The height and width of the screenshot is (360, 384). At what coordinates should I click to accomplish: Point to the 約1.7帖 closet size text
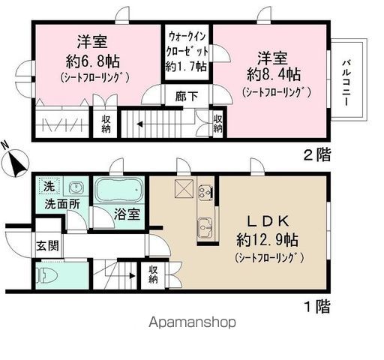tap(188, 66)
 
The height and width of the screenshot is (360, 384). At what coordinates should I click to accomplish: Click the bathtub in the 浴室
tap(118, 190)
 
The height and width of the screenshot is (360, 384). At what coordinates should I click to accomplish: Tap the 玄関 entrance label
tap(46, 243)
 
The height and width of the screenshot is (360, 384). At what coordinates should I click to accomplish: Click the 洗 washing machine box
tap(46, 187)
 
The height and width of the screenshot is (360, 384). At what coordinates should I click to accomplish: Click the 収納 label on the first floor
tap(154, 274)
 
